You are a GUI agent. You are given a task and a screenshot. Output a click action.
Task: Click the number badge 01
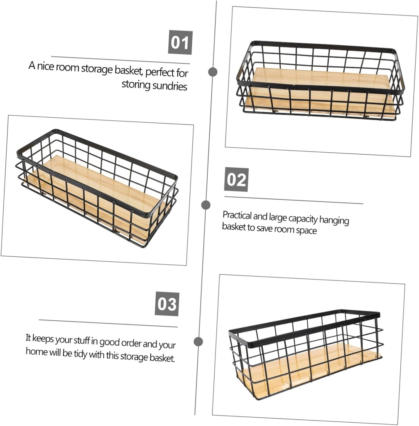click(x=180, y=42)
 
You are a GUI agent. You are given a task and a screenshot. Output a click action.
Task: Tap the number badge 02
click(x=236, y=179)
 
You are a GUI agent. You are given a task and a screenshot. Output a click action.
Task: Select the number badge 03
click(x=167, y=304)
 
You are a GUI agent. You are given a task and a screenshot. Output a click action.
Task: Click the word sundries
click(x=170, y=86)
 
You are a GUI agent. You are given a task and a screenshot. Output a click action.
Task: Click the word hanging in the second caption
click(x=334, y=220)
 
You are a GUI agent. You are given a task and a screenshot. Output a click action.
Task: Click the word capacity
click(x=303, y=219)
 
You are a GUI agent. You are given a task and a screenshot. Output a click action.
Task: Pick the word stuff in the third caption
click(x=82, y=340)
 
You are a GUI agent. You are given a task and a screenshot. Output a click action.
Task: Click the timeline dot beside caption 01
click(x=213, y=72)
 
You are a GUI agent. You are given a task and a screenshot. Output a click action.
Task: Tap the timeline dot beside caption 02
click(x=206, y=205)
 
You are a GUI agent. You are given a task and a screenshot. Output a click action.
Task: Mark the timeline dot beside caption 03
click(x=198, y=342)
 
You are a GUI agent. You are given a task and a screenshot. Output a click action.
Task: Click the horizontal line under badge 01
click(x=121, y=60)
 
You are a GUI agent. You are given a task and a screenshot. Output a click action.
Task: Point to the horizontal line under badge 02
click(x=294, y=200)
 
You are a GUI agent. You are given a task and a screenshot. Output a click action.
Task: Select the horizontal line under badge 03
click(x=108, y=323)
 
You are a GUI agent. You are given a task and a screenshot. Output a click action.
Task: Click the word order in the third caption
click(x=131, y=343)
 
